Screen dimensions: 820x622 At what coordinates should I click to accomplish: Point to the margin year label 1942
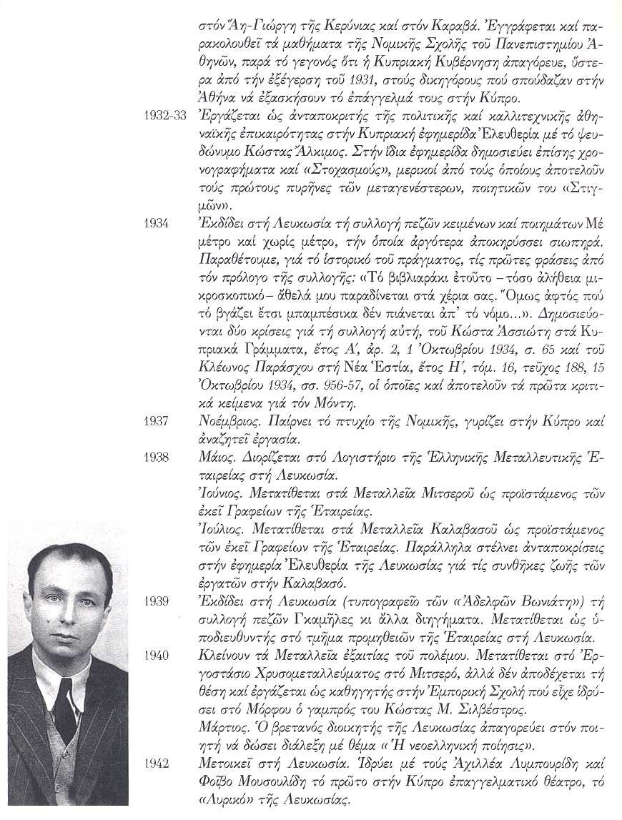click(x=156, y=764)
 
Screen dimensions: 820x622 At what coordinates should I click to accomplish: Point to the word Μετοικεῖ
click(x=225, y=764)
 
